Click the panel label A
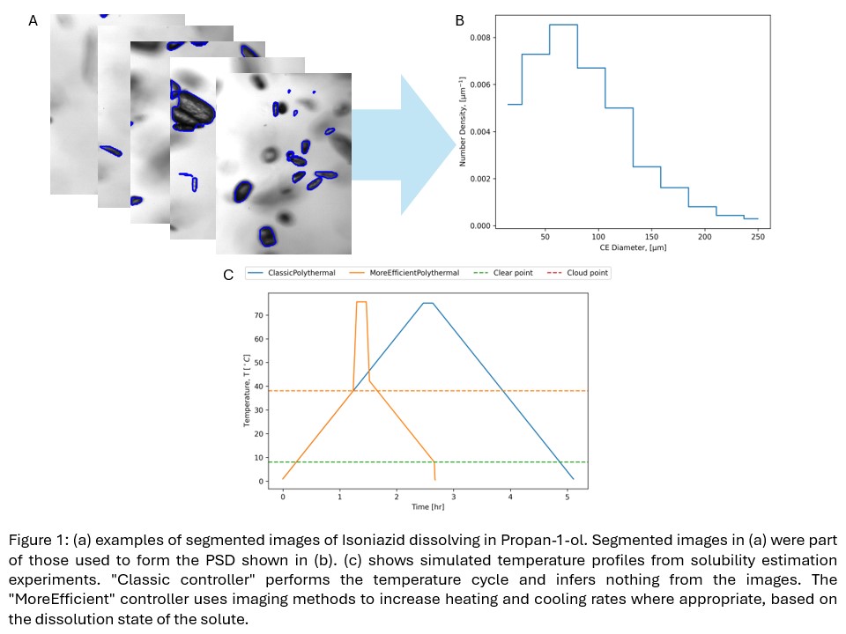(x=33, y=20)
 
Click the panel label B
(x=459, y=20)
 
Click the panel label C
(x=228, y=275)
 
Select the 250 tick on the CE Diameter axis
(x=757, y=237)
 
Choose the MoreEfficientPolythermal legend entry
(x=413, y=273)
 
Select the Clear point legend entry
(x=512, y=273)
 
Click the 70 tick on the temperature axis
(x=259, y=314)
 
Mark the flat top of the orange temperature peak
(x=360, y=302)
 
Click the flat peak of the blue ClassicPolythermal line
(x=427, y=303)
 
